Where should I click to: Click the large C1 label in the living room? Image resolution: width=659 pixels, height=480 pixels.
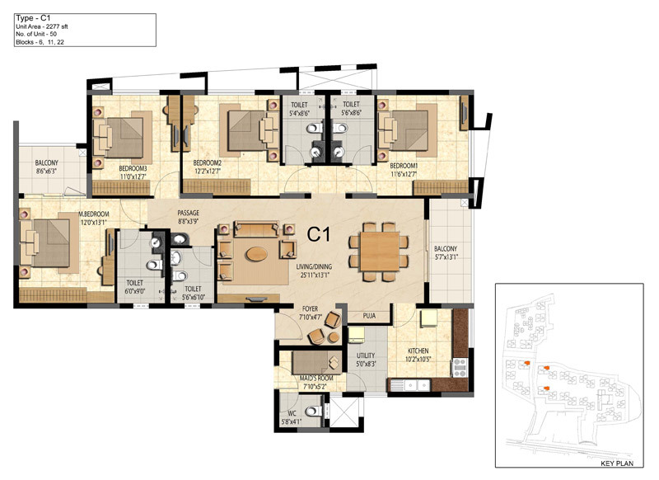click(319, 234)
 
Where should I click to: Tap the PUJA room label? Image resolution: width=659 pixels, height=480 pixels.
click(369, 316)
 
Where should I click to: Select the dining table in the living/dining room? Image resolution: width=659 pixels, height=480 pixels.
click(380, 252)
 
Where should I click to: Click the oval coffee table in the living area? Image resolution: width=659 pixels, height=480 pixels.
click(256, 254)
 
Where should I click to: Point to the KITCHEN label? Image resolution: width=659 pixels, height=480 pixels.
click(418, 351)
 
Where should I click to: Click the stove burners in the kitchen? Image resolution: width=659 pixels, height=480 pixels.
click(459, 367)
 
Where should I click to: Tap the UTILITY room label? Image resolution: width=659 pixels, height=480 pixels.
click(366, 355)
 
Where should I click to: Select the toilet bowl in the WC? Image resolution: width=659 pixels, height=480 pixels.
click(313, 411)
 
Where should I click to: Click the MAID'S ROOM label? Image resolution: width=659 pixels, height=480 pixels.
click(316, 379)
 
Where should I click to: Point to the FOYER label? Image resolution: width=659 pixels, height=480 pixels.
click(311, 308)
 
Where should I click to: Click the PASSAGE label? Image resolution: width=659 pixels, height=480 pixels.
click(188, 213)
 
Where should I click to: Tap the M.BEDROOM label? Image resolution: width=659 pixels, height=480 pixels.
click(94, 214)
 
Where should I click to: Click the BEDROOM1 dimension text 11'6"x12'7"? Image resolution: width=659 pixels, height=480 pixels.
click(404, 174)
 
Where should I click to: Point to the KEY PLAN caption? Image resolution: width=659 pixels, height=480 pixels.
click(615, 464)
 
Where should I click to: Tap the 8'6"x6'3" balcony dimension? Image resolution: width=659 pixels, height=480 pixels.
click(47, 171)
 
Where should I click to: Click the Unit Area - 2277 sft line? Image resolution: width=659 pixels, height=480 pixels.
click(42, 26)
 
